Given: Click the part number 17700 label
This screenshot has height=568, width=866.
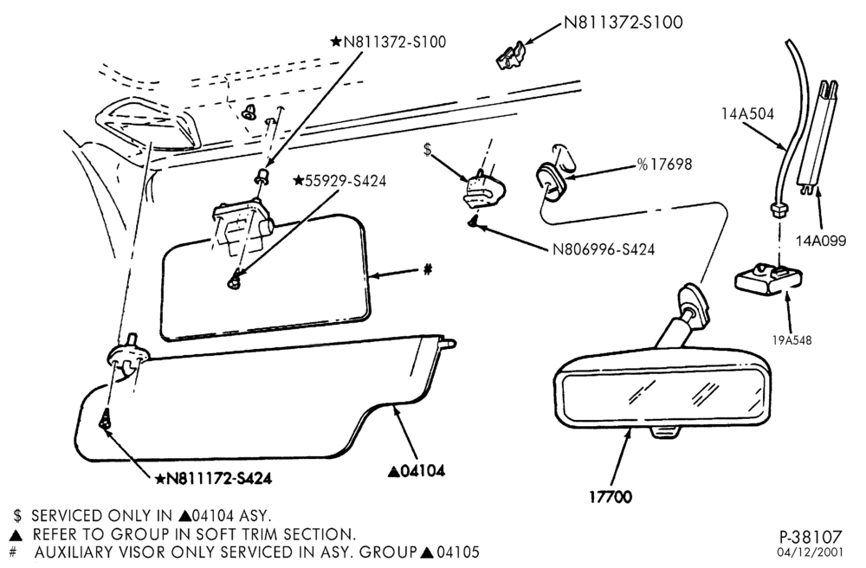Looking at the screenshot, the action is pos(611,497).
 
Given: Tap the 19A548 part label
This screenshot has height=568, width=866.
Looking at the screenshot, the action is pos(792,340).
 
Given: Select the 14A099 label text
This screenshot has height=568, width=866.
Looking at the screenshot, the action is pos(821,241).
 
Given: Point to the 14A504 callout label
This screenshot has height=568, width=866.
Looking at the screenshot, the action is pos(747,114).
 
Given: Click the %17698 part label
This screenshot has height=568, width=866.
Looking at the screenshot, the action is pos(664,165).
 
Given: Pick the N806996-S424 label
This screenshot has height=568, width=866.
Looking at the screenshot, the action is pos(604,249).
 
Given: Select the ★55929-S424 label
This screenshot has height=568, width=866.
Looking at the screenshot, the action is pos(339,180).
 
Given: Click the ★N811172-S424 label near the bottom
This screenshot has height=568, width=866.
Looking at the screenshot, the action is pos(213,479).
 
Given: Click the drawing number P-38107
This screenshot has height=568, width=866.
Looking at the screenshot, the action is pos(811,537).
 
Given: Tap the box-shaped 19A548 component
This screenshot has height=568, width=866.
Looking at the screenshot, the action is pos(767,280).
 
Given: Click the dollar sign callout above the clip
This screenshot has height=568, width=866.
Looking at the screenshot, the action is pos(427,150).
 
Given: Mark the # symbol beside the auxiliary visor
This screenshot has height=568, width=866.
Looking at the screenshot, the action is pos(427,269).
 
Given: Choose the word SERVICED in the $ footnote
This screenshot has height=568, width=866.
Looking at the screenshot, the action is pos(67,516).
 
